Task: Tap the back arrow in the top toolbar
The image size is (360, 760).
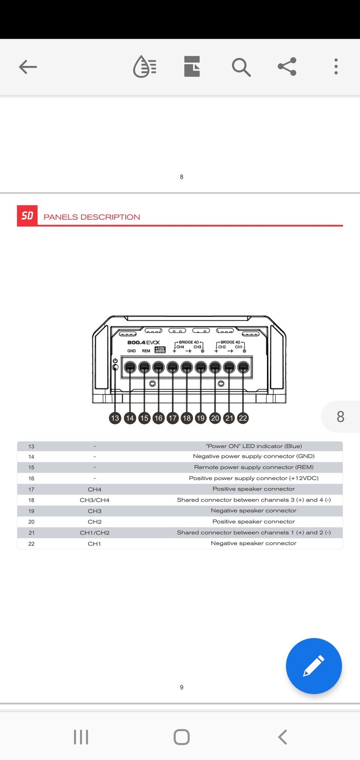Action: (28, 67)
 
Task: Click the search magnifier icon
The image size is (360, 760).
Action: (241, 67)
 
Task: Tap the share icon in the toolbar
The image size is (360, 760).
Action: (287, 67)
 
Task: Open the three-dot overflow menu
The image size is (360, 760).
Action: (336, 67)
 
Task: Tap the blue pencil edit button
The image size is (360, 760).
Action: (314, 666)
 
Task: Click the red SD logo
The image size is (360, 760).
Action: (27, 216)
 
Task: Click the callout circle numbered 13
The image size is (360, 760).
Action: (115, 418)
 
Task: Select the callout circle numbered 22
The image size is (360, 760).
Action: (243, 418)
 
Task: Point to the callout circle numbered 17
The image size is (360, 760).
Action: (173, 418)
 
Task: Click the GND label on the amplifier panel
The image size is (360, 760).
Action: (131, 351)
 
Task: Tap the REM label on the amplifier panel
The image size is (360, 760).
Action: (146, 351)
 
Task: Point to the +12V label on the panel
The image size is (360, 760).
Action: (160, 349)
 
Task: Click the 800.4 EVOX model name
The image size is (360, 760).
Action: (144, 342)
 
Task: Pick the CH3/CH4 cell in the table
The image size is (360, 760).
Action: (95, 500)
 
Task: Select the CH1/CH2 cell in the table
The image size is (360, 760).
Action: (95, 532)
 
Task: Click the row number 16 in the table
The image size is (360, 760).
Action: (31, 478)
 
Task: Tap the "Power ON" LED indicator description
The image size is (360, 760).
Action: (254, 446)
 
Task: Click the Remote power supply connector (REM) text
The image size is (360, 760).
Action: (254, 467)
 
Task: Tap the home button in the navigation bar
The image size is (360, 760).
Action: (182, 737)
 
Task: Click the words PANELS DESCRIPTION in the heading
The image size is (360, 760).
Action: (92, 217)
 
